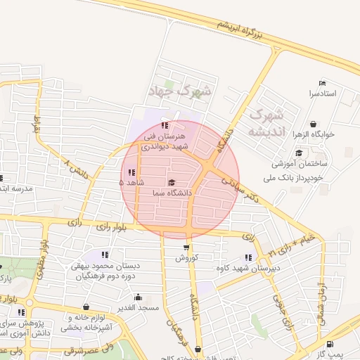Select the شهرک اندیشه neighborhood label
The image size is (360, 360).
coord(266,122)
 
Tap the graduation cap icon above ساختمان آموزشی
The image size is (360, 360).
coord(299,153)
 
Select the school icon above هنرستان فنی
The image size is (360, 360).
coord(165,126)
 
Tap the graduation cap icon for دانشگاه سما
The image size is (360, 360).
coord(172,183)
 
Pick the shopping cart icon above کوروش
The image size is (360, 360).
coord(186,247)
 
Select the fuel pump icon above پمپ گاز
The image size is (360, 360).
coord(330,344)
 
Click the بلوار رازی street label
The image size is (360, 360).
coord(112,226)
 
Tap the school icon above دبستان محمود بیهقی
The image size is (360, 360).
coord(105,255)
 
